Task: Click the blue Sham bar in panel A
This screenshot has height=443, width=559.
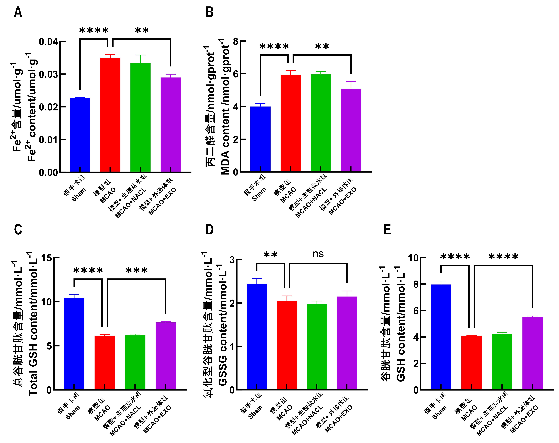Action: (x=80, y=135)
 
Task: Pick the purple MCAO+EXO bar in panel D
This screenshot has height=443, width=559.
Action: (x=347, y=343)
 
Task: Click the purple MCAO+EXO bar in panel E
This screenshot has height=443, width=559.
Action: (x=533, y=353)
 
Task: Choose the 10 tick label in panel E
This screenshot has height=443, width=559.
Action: (x=414, y=258)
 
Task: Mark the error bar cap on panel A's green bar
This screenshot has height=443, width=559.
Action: (x=140, y=55)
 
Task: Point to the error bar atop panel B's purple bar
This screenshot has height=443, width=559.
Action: (x=351, y=85)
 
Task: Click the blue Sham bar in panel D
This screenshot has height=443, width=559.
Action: (x=257, y=337)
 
